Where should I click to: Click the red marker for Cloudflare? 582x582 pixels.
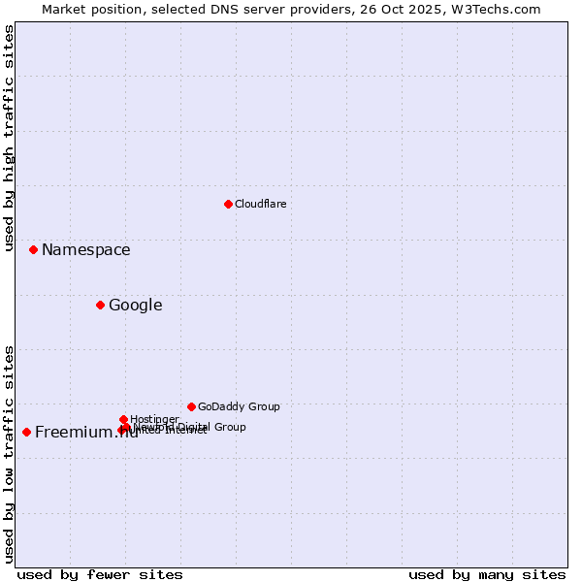(228, 204)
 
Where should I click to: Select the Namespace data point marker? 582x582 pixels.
(33, 249)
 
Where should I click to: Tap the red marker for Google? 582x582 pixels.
(100, 305)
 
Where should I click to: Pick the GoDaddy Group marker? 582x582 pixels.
(191, 406)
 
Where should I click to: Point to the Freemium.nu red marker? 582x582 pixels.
(26, 432)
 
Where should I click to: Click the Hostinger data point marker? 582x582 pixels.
(123, 419)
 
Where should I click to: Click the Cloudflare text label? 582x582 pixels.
(260, 204)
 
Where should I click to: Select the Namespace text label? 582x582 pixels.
(85, 250)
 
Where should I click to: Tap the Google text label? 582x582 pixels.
(135, 306)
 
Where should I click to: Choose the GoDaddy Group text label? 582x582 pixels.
(239, 406)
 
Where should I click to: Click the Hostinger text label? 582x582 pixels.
(154, 419)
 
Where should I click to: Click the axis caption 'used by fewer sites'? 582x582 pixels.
(100, 574)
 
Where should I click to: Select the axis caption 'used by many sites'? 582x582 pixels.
(487, 574)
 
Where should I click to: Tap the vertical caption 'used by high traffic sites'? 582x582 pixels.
(9, 138)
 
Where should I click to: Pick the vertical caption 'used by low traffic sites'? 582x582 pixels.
(9, 454)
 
